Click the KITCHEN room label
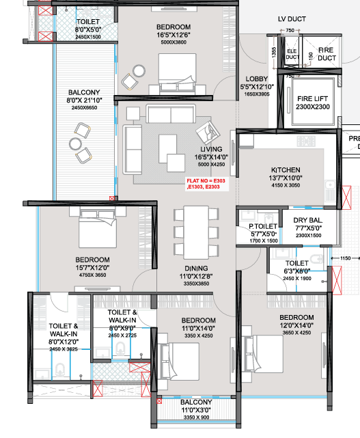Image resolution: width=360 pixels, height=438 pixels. pos(285,169)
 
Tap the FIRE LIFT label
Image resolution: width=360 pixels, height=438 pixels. pos(313,98)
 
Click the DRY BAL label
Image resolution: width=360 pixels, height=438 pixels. pos(307,220)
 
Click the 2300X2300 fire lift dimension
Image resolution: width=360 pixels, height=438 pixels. pos(313,108)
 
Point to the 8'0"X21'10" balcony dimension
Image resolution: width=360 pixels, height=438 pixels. pos(85,100)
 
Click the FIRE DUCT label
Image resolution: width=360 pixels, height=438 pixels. pos(327,53)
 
